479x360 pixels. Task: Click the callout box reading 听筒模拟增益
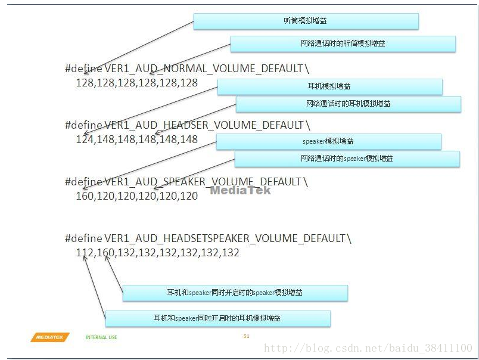click(306, 21)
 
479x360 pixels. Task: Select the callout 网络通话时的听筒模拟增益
click(343, 44)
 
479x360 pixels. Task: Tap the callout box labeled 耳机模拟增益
click(329, 87)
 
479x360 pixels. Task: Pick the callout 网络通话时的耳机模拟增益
click(348, 104)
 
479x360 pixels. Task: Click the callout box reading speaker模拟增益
click(328, 142)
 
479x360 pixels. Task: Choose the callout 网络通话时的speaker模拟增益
click(347, 159)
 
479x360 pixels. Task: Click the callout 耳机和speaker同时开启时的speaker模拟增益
click(235, 293)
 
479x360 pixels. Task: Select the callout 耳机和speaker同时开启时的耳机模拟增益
click(217, 318)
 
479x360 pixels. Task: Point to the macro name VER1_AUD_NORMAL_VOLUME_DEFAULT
click(203, 69)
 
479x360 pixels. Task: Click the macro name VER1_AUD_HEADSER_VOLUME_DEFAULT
click(204, 125)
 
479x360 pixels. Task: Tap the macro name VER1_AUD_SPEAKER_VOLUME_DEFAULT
click(203, 181)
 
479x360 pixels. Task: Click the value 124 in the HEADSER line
click(84, 139)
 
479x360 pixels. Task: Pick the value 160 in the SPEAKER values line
click(84, 195)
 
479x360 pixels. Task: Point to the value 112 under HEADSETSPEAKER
click(84, 253)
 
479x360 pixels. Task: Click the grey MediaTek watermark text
click(240, 190)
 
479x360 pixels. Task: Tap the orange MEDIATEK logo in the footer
click(50, 337)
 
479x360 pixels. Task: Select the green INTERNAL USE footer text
click(101, 337)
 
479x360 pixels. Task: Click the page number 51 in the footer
click(246, 336)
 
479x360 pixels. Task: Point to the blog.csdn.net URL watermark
click(368, 348)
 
